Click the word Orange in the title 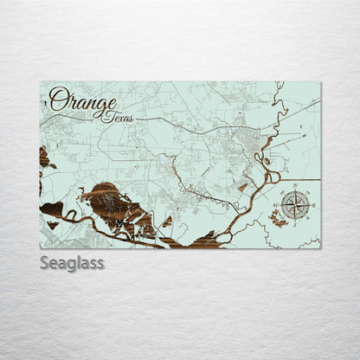[82, 100]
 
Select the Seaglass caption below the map [71, 262]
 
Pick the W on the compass [276, 206]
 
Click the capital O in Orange [59, 100]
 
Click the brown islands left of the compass [279, 222]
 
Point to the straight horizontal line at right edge [313, 180]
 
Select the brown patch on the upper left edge [44, 157]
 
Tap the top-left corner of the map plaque [40, 82]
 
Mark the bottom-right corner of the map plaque [320, 248]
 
